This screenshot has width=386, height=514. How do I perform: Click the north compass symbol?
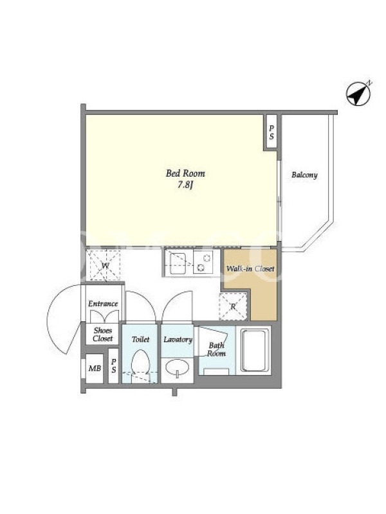click(359, 93)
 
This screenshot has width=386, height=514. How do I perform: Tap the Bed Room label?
click(185, 173)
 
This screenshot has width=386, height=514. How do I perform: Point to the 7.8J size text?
click(185, 185)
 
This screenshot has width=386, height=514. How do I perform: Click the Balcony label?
click(304, 175)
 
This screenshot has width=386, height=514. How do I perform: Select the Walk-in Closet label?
click(250, 269)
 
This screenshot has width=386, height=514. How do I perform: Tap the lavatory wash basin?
click(177, 368)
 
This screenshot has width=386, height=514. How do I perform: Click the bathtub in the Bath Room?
click(253, 350)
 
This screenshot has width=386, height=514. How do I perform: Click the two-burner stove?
click(203, 262)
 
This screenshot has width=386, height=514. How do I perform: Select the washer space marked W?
click(105, 265)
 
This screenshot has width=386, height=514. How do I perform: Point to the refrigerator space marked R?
click(233, 306)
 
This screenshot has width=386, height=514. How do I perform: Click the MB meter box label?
click(95, 368)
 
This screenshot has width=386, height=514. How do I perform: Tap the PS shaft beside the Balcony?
click(271, 132)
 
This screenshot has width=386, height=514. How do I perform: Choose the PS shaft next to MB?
click(114, 366)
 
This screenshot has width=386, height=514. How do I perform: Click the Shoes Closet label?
click(103, 334)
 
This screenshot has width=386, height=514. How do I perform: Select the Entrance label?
click(103, 303)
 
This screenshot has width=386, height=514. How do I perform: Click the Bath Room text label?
click(217, 350)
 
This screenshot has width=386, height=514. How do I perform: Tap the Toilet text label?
click(140, 339)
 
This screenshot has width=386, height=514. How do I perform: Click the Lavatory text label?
click(178, 339)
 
